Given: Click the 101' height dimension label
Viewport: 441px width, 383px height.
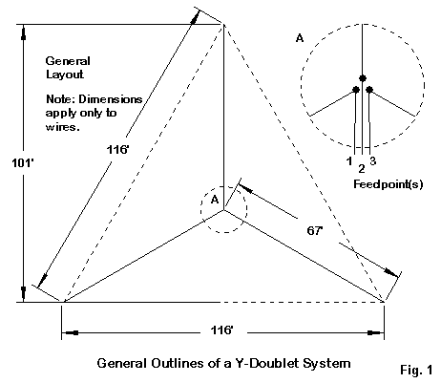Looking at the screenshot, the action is [23, 163].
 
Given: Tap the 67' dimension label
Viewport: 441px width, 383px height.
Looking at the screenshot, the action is [315, 230].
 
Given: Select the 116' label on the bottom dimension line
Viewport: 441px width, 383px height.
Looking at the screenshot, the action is [222, 330].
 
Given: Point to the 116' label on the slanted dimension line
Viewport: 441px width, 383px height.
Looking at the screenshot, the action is [117, 149].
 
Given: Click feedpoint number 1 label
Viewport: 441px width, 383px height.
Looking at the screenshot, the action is [349, 161].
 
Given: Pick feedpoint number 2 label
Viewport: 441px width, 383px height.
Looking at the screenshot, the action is [362, 168].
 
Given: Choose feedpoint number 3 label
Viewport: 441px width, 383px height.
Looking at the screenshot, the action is [373, 160].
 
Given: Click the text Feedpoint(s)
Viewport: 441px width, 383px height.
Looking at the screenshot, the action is [388, 184].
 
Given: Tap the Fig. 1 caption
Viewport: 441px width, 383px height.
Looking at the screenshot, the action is [416, 370].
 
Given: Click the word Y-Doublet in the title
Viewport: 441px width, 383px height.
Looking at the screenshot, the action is [266, 363].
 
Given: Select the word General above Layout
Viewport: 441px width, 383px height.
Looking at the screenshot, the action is [68, 61].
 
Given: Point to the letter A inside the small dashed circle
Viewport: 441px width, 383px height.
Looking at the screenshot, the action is [215, 200].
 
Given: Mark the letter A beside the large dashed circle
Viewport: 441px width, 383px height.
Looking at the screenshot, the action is [300, 38].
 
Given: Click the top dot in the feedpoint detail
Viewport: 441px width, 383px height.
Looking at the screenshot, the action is [363, 78].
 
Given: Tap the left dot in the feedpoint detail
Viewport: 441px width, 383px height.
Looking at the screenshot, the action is [356, 90].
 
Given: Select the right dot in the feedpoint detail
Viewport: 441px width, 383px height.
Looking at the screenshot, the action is [369, 90].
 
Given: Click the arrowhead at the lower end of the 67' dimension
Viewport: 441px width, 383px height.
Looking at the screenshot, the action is [391, 273].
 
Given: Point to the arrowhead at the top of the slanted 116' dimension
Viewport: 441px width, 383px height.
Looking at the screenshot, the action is [195, 17].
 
